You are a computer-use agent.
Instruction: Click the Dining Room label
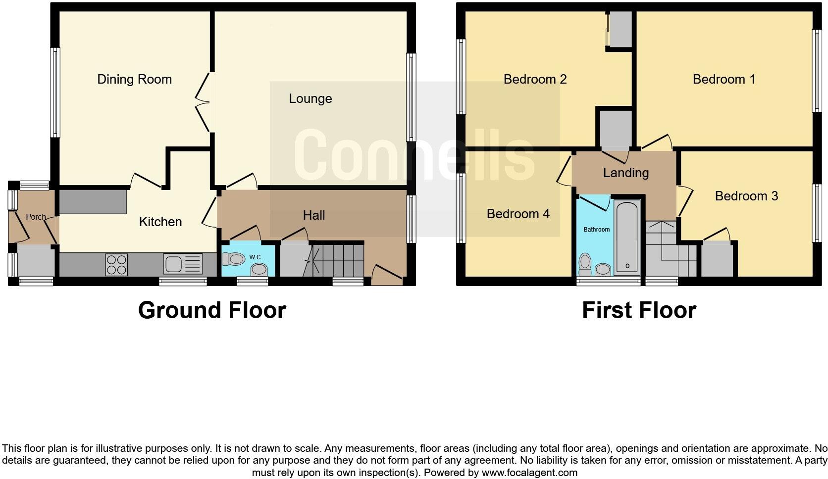(x=134, y=79)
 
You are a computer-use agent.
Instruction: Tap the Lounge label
(x=310, y=98)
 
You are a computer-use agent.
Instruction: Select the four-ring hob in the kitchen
(x=116, y=264)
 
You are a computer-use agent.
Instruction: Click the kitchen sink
(x=183, y=264)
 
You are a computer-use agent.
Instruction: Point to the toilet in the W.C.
(x=234, y=259)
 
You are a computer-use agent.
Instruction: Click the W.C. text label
(x=256, y=257)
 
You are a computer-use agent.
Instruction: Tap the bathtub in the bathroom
(x=627, y=238)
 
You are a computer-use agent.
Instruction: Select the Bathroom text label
(x=596, y=230)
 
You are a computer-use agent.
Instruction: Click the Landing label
(x=625, y=173)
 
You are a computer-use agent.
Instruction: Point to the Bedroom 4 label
(x=518, y=214)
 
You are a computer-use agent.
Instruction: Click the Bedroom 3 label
(x=746, y=196)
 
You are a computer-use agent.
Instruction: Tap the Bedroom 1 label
(x=724, y=79)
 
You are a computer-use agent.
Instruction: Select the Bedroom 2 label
(x=535, y=79)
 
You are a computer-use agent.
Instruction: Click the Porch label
(x=36, y=217)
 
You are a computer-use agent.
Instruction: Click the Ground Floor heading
(x=212, y=310)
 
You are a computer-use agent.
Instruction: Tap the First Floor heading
(x=639, y=310)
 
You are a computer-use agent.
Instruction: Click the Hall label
(x=314, y=215)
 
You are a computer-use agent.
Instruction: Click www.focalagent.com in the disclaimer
(x=529, y=473)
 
